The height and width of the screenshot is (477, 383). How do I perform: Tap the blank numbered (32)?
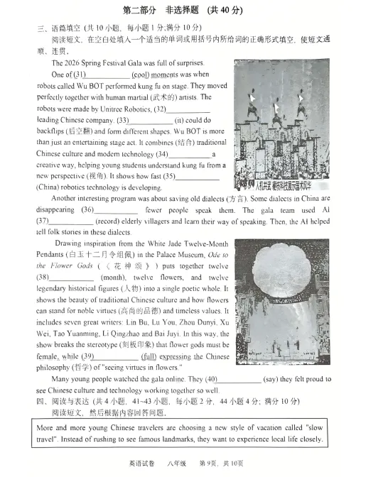[x=188, y=109]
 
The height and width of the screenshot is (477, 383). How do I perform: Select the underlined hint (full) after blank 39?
[x=149, y=356]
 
